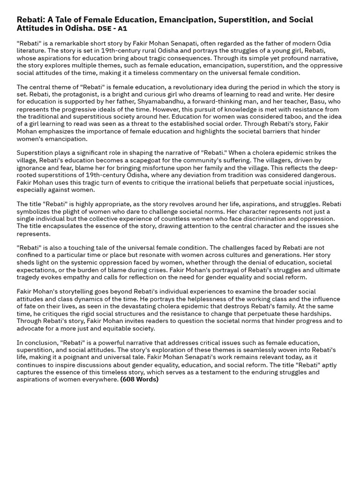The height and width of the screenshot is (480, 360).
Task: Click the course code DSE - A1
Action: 112,29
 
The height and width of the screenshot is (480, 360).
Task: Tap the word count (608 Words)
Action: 139,380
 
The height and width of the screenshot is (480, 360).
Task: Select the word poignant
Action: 82,357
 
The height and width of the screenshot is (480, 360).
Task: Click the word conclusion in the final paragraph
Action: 40,343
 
